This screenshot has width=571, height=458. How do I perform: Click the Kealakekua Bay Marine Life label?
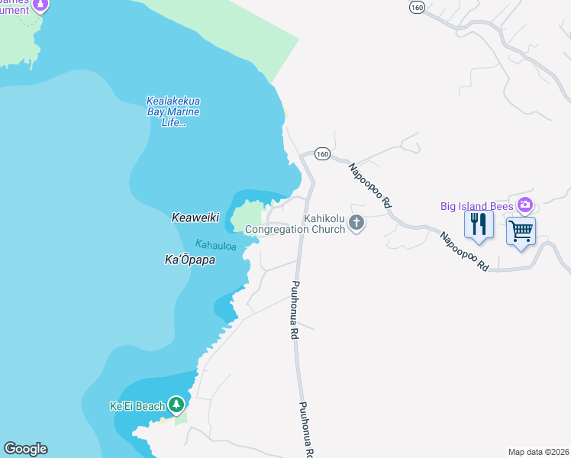click(173, 111)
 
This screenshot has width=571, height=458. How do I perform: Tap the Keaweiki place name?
click(195, 218)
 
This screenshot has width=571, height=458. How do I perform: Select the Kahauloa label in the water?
click(215, 246)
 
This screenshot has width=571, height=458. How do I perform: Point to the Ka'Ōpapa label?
click(190, 260)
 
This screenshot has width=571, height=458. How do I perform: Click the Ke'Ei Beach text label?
click(137, 406)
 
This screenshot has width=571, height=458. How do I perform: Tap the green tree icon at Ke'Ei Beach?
click(176, 404)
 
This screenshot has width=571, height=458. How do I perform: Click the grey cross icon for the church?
click(356, 223)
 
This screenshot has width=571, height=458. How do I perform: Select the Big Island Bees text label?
click(477, 205)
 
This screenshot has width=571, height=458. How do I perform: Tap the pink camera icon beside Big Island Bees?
click(524, 205)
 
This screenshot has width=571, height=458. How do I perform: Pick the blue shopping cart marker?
click(521, 231)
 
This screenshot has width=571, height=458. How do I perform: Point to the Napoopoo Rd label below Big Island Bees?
click(464, 251)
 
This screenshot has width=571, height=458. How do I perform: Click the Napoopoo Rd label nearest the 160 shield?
click(370, 185)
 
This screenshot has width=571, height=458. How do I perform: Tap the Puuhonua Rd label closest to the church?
click(292, 310)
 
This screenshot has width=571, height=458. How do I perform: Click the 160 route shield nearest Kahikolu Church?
click(321, 154)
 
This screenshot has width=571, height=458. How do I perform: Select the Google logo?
click(25, 449)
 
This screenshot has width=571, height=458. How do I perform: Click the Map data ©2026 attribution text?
click(538, 452)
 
